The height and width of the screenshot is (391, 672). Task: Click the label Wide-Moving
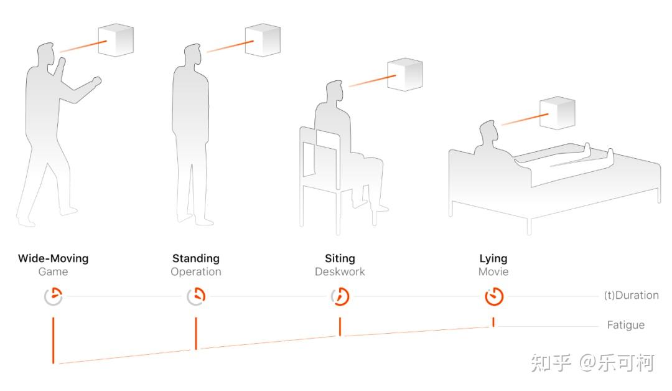53,258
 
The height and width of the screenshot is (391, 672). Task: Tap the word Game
53,272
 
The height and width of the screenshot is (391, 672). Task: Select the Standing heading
196,259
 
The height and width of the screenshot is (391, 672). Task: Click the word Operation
196,272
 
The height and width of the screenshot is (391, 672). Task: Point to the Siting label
340,259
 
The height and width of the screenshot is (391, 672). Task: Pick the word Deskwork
340,272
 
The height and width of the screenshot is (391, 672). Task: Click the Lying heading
493,259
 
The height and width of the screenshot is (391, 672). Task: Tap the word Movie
493,272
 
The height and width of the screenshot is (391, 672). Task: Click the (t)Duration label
632,295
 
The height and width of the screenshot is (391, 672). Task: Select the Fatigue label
626,326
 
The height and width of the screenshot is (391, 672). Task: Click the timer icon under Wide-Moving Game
53,297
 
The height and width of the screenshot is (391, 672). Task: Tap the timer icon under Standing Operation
196,297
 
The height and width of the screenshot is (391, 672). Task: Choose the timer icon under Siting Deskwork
340,297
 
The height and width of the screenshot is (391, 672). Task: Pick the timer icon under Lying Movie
493,297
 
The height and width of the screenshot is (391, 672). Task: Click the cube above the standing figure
263,40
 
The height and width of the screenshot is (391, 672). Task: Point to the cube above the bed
557,113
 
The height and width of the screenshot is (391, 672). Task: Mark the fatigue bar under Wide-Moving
53,341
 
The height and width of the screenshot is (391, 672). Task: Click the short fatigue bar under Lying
493,323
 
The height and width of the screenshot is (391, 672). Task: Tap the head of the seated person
335,91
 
